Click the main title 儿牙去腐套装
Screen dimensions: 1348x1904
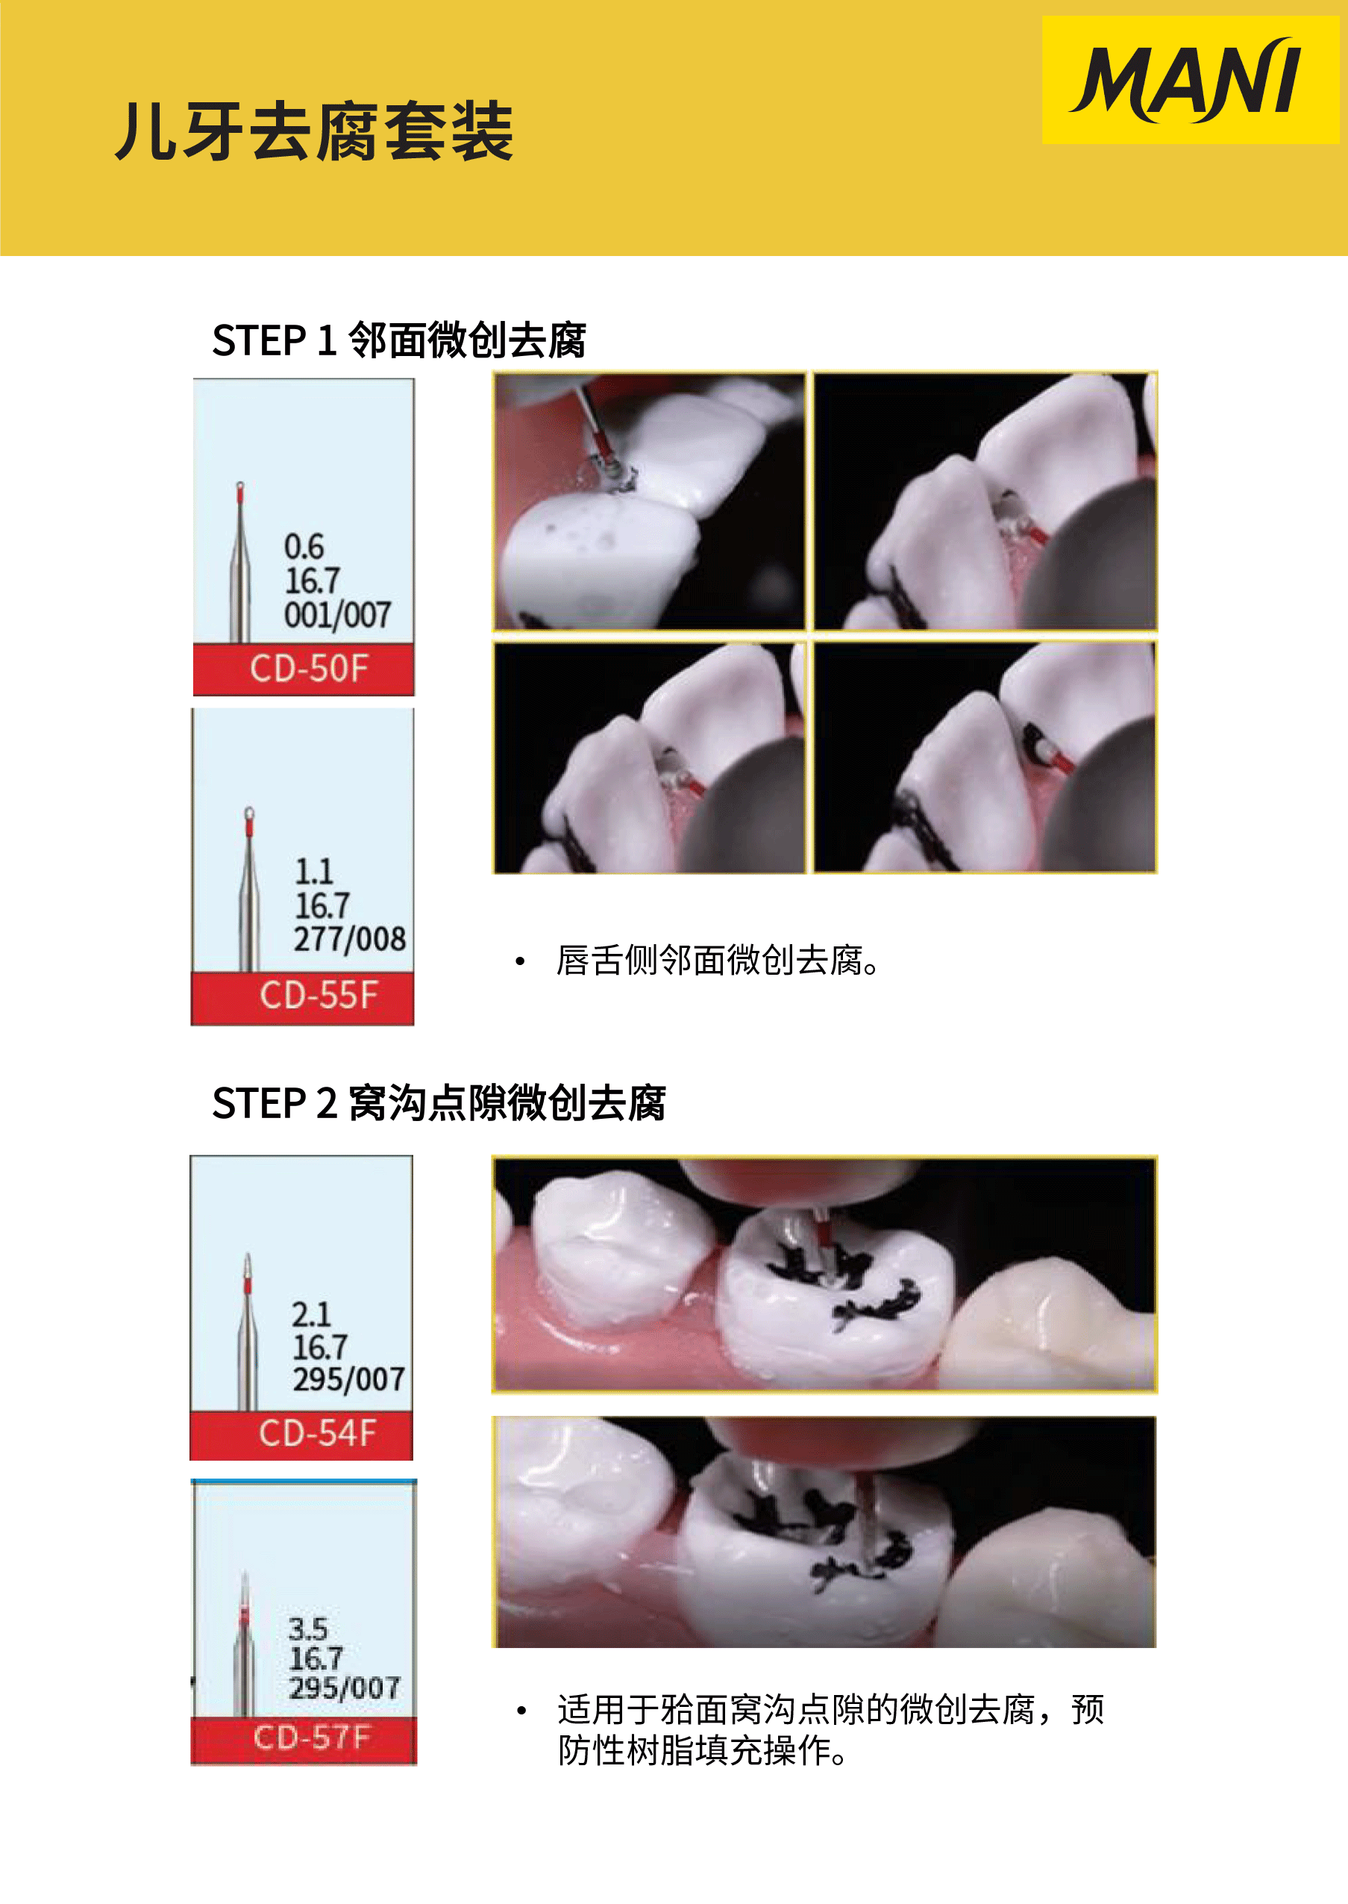coord(315,131)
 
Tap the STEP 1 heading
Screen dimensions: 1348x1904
coord(399,340)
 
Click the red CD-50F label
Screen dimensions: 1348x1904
coord(304,669)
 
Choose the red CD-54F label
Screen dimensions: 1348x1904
coord(301,1435)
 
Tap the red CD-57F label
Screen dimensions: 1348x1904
coord(304,1741)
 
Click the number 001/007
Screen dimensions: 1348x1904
coord(338,614)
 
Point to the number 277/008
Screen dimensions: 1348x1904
coord(349,938)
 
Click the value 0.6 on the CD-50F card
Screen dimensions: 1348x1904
coord(304,546)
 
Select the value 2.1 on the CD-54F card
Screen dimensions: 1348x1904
coord(311,1314)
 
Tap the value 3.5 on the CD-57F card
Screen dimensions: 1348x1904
coord(308,1629)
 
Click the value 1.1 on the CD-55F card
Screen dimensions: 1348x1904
coord(314,871)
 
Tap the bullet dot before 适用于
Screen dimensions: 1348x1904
coord(521,1710)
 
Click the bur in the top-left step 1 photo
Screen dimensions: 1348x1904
coord(596,432)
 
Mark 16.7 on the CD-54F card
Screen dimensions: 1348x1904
coord(319,1347)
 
